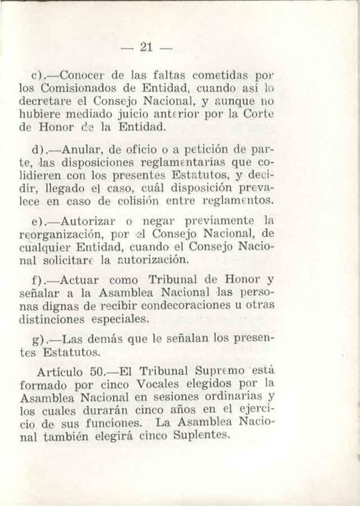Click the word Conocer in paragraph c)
[83, 74]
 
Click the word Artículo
[59, 373]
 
